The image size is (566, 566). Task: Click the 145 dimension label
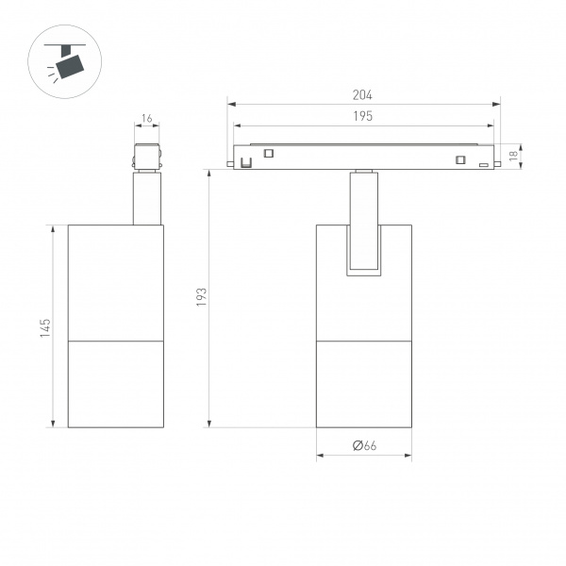click(45, 327)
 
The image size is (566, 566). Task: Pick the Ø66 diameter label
click(364, 445)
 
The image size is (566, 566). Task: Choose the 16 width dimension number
click(146, 119)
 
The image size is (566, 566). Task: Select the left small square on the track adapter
click(268, 154)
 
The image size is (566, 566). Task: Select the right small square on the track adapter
click(460, 158)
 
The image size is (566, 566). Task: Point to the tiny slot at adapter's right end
click(483, 166)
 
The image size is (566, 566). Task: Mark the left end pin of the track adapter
click(229, 167)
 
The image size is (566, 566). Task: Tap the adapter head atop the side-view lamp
click(146, 157)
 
